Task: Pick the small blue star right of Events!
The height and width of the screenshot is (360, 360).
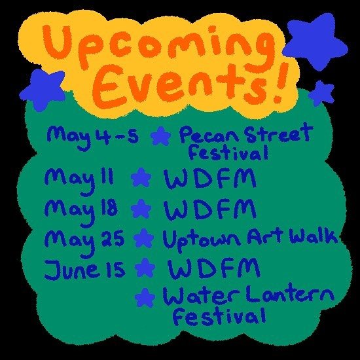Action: pyautogui.click(x=321, y=92)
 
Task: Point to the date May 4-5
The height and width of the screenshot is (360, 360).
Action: pyautogui.click(x=92, y=136)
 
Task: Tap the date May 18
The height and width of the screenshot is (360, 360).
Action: pyautogui.click(x=81, y=209)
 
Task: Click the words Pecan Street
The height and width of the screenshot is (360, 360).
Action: pyautogui.click(x=245, y=136)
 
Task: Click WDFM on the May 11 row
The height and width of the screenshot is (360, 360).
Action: pyautogui.click(x=200, y=178)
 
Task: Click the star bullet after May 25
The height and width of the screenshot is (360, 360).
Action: pyautogui.click(x=141, y=238)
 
